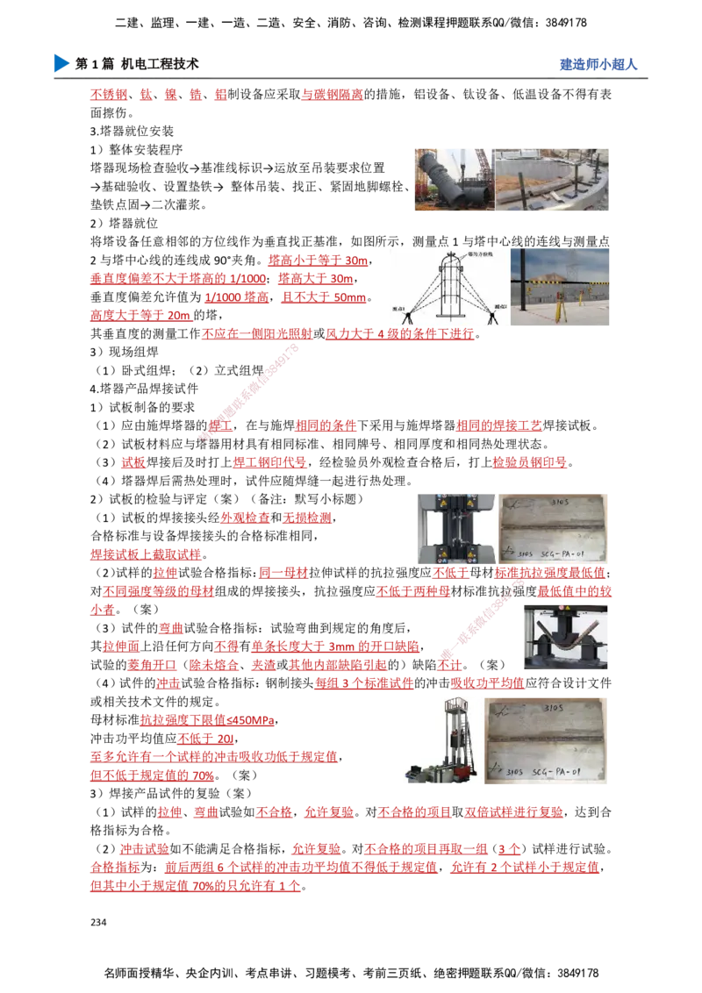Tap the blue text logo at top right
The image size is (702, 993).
tap(597, 65)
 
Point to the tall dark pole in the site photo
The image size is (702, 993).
tap(525, 281)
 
